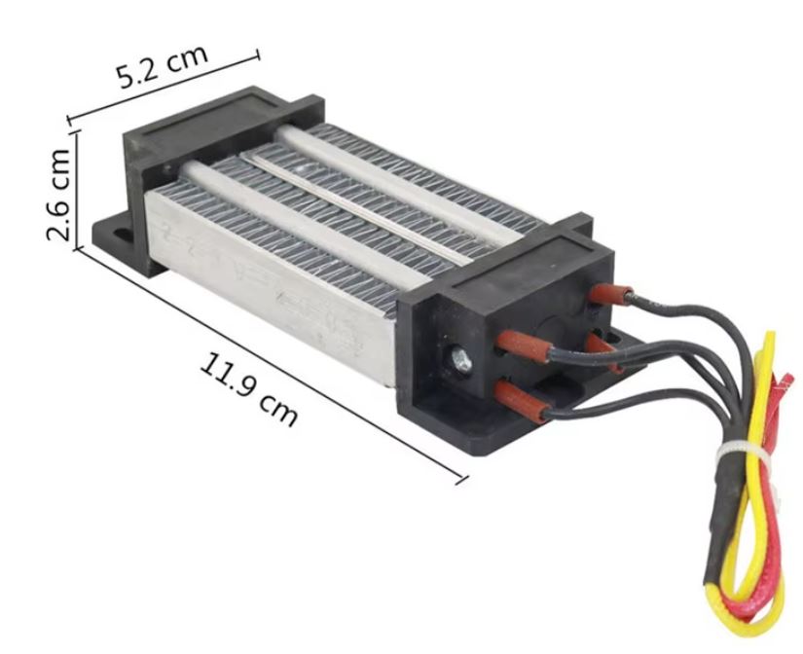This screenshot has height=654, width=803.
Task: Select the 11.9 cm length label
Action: point(249,388)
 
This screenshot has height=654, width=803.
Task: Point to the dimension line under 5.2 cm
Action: point(165,88)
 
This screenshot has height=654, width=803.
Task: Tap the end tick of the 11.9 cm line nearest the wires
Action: point(461,478)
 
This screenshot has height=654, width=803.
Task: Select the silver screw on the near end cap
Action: point(459,361)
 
